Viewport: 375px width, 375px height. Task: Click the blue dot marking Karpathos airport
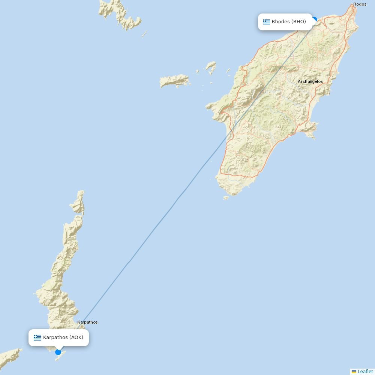(x=58, y=352)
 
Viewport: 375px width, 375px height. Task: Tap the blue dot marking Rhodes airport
(x=314, y=19)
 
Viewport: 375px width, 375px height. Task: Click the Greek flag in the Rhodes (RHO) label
(x=267, y=22)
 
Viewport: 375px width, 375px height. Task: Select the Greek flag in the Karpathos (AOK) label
(x=37, y=337)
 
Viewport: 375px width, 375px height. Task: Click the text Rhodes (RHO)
(x=289, y=22)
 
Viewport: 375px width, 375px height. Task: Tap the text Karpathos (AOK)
(x=63, y=337)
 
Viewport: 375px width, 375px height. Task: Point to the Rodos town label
(x=360, y=4)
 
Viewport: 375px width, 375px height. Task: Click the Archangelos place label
(x=310, y=81)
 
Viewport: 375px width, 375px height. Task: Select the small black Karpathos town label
(x=87, y=322)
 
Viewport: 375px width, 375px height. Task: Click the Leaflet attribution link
(x=365, y=371)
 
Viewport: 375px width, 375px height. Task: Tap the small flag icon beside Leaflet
(x=354, y=372)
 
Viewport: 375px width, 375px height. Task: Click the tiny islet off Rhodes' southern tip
(x=226, y=197)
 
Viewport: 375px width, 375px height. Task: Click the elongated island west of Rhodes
(x=174, y=81)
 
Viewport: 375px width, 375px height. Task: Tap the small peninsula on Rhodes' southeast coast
(x=309, y=129)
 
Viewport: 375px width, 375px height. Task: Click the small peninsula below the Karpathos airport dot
(x=59, y=357)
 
